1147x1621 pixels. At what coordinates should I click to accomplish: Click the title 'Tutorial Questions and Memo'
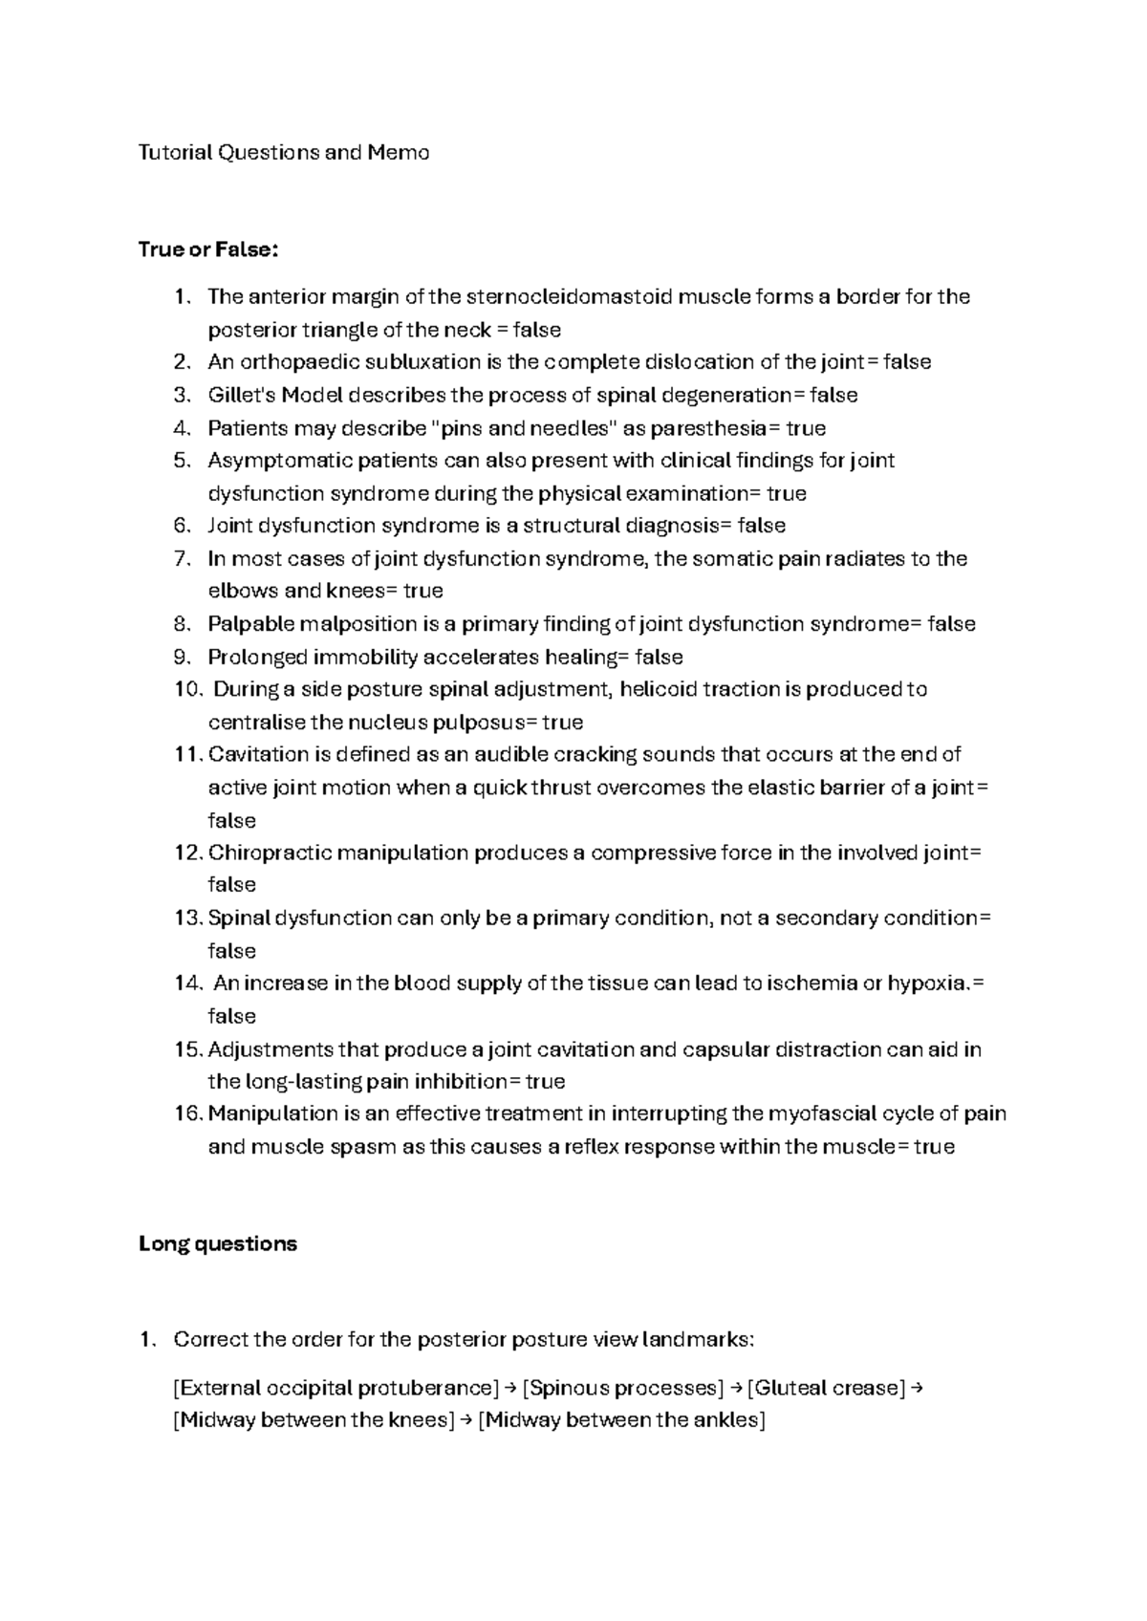(x=284, y=152)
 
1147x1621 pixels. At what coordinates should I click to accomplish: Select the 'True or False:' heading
(x=208, y=249)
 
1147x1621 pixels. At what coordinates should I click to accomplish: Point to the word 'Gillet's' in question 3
(x=241, y=395)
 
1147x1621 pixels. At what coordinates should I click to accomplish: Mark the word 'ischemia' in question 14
(x=809, y=983)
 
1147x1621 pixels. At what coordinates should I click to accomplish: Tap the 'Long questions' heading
(x=218, y=1244)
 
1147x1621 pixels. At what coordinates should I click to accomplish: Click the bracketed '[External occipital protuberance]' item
(x=336, y=1388)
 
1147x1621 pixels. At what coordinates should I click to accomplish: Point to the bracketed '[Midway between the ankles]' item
(x=621, y=1420)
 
